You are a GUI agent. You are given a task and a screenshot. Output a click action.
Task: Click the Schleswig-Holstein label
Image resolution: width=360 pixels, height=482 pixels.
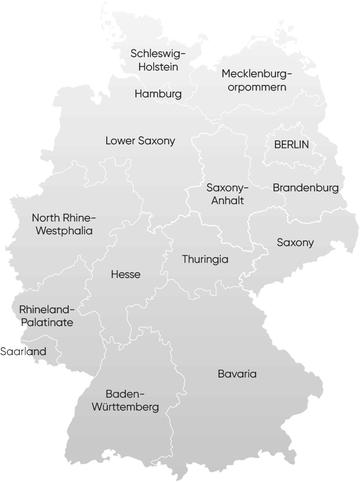158,60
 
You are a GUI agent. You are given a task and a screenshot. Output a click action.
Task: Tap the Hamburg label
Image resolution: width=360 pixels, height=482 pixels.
158,94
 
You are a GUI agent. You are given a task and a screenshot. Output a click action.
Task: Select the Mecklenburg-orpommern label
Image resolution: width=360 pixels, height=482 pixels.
257,80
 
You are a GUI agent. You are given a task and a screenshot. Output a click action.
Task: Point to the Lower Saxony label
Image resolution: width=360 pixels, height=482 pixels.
140,141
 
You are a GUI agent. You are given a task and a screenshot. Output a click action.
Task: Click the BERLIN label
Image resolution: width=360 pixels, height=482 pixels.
291,144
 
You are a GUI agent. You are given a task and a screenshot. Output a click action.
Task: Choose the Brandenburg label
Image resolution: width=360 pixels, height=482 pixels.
306,188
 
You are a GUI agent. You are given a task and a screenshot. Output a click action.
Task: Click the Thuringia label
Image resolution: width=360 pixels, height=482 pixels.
205,259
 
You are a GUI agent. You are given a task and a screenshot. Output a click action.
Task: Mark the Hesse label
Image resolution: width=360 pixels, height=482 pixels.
126,275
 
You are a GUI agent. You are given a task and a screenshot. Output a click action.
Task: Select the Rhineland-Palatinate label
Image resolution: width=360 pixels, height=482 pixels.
46,316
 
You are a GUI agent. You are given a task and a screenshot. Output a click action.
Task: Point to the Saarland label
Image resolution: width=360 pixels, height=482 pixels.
23,352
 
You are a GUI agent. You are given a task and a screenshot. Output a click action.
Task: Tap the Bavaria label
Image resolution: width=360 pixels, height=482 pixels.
237,374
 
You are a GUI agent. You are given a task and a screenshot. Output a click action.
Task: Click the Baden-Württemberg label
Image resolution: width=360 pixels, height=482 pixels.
125,400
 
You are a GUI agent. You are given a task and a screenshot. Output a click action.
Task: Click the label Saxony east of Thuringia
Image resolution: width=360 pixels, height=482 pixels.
295,243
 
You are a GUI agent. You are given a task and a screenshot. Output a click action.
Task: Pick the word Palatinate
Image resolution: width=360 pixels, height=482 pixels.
46,323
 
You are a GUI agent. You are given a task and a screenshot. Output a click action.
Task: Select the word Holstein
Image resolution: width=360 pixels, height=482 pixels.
158,67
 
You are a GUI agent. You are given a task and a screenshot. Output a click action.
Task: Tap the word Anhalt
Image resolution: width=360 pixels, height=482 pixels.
227,201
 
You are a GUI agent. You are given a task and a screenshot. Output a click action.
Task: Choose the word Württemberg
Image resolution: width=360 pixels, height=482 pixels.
125,408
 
